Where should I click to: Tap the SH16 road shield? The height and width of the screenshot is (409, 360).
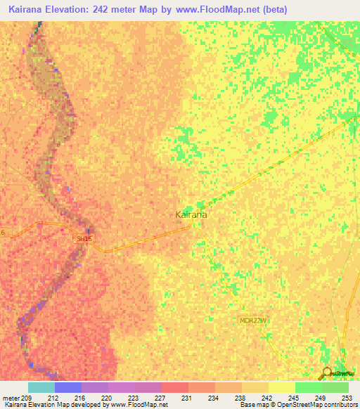click(84, 239)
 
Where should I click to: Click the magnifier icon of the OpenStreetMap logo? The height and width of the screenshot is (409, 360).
click(326, 374)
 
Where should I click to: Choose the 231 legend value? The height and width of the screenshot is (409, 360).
click(187, 398)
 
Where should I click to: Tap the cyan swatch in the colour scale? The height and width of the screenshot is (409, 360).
click(41, 387)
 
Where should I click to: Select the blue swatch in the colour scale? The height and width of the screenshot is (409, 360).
click(68, 387)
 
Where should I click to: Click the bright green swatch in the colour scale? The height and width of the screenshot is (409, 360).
click(308, 387)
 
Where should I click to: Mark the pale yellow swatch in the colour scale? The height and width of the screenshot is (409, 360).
click(281, 387)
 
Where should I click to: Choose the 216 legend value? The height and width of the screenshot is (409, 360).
click(80, 398)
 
